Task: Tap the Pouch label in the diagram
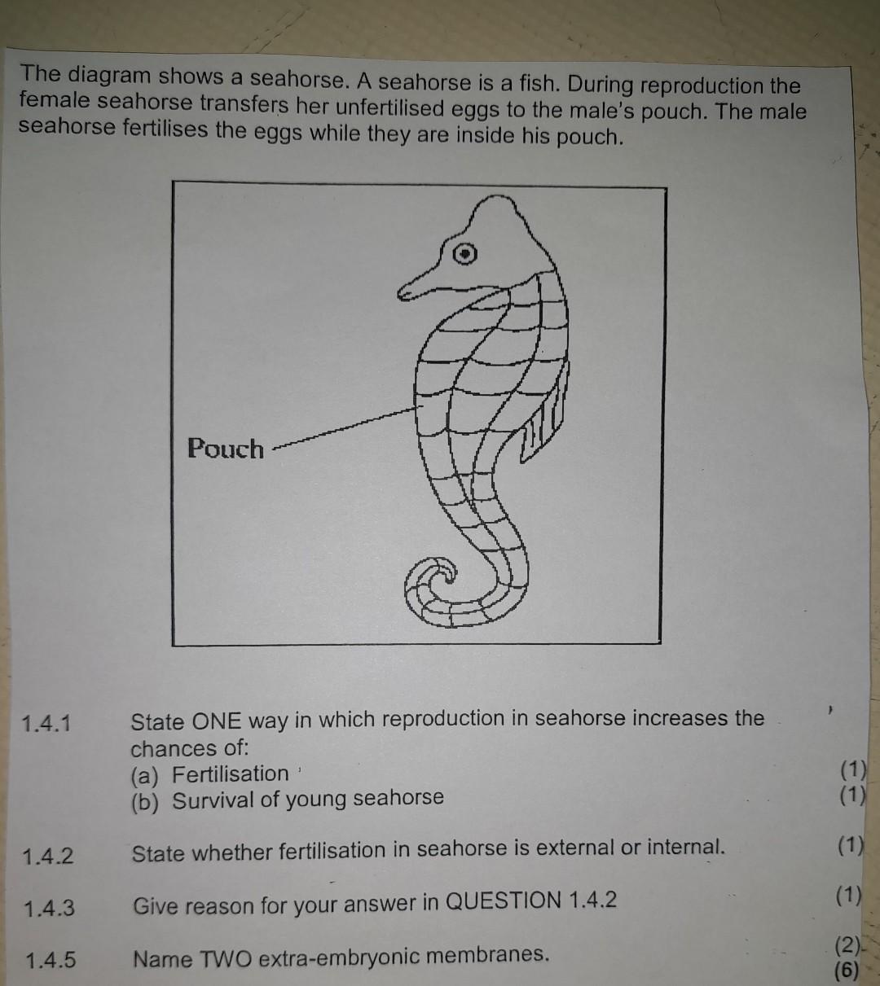click(226, 449)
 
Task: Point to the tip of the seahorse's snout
click(403, 293)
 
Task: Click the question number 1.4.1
click(47, 723)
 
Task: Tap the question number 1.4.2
click(48, 856)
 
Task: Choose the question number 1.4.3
click(49, 907)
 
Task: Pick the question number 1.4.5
click(50, 960)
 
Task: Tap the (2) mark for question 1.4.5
click(847, 946)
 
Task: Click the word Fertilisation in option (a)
click(231, 773)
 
